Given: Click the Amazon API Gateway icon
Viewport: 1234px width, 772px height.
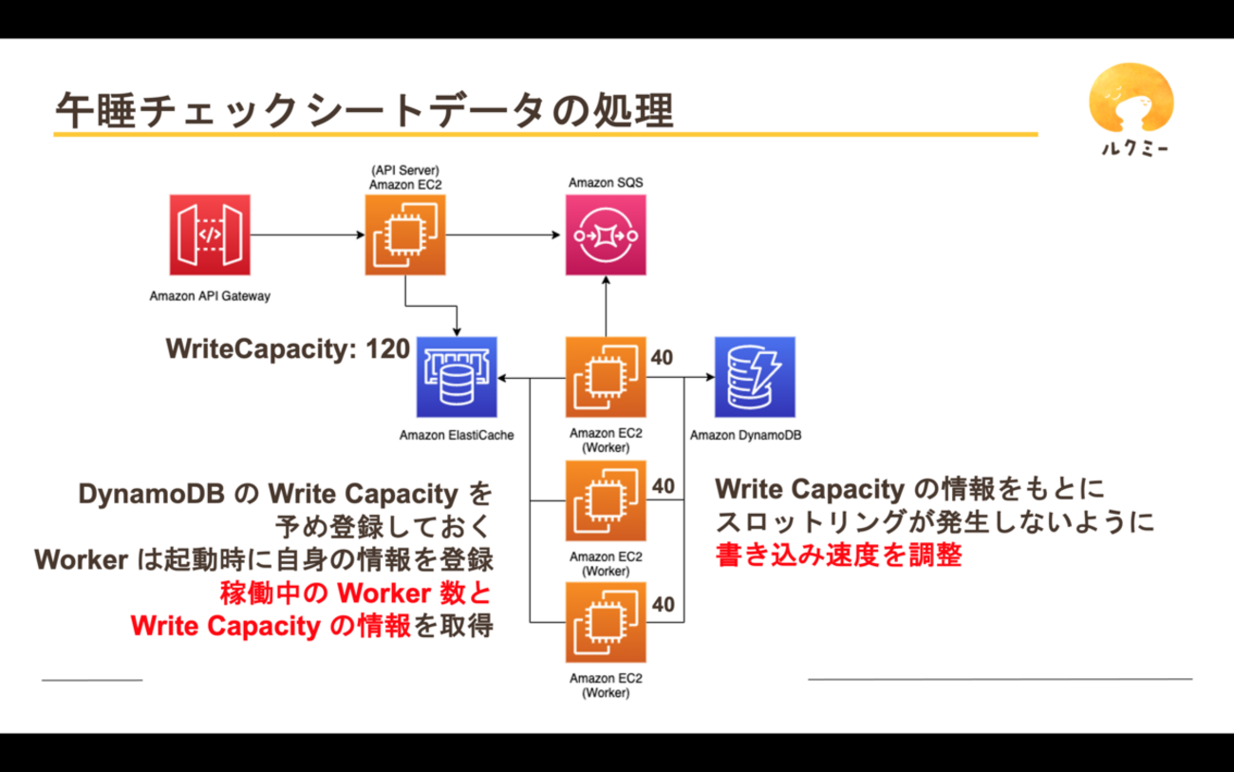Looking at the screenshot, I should coord(209,235).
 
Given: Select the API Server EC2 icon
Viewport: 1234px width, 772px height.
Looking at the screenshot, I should coord(405,235).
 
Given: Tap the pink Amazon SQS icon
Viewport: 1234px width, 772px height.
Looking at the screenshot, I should coord(606,235).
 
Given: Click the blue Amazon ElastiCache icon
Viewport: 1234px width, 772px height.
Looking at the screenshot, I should coord(458,378).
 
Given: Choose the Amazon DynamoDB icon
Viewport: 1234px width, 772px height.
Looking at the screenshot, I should coord(756,378).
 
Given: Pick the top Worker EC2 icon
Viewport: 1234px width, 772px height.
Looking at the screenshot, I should coord(606,378).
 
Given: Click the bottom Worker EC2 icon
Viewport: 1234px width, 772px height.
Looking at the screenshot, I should coord(606,622).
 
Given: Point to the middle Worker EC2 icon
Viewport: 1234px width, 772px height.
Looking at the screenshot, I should coord(606,500).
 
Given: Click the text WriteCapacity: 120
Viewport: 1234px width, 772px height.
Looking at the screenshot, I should coord(288,349).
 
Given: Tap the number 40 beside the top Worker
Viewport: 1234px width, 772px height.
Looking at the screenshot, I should coord(664,357).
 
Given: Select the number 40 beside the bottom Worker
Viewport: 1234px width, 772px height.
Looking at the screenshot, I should coord(664,604).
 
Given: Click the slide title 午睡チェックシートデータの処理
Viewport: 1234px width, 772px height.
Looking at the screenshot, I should coord(365,111).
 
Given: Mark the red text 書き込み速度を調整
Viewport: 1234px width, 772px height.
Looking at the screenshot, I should coord(839,555).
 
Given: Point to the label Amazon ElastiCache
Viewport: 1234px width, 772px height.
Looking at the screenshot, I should coord(457,436).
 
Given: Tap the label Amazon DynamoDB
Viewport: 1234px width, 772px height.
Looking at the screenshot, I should coord(746,436).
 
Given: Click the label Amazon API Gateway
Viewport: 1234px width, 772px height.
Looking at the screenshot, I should coord(210,295).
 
